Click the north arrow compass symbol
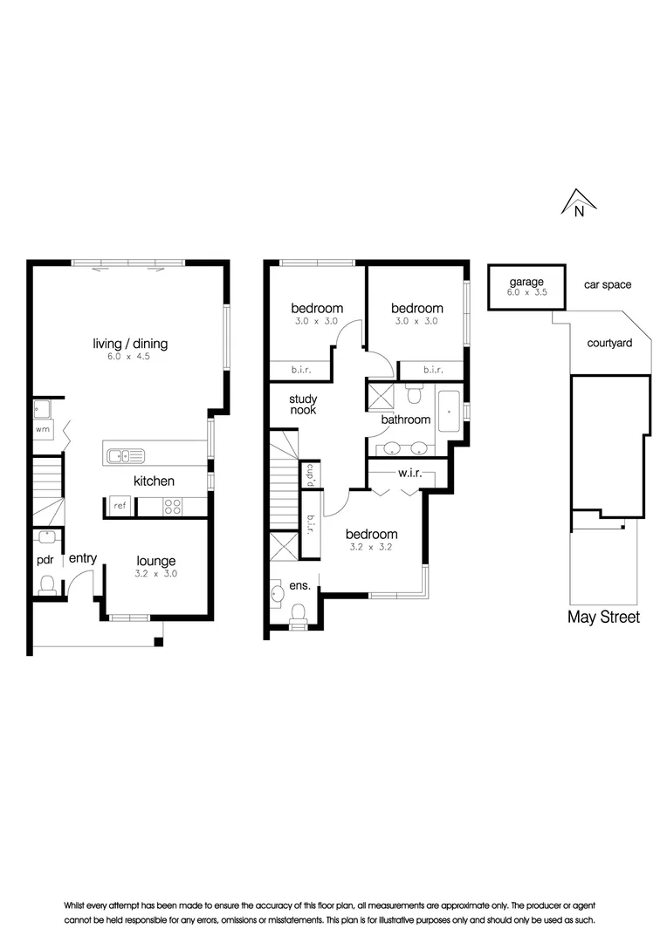578,202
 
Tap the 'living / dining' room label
130,344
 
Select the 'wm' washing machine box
42,429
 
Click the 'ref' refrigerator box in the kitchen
118,505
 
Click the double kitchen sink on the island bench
125,454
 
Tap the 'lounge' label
155,561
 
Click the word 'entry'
83,558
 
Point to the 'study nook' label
303,404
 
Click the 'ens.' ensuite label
298,586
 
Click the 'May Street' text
603,618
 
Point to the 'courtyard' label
609,344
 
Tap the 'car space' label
607,284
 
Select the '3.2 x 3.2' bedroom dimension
371,549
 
